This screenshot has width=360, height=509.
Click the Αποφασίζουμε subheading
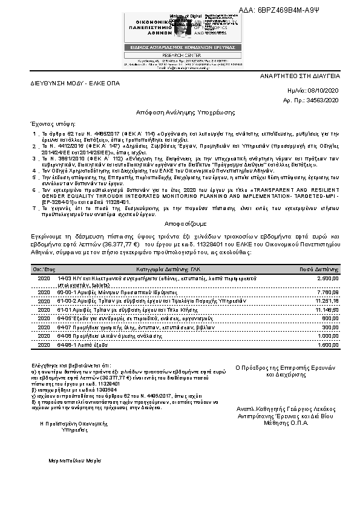tap(180, 222)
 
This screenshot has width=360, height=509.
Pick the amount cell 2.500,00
tap(329, 277)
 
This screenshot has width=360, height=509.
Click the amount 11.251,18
tap(328, 301)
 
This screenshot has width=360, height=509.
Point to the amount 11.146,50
tap(328, 309)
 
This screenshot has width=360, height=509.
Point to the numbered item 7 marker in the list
tap(34, 208)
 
